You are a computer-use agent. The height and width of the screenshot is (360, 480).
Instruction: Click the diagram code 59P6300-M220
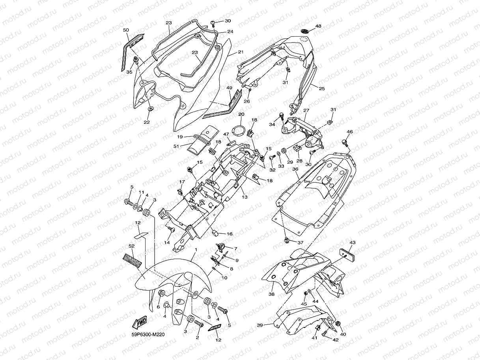148,334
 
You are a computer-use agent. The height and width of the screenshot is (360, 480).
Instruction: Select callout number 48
318,26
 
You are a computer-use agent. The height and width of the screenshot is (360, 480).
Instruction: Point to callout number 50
126,30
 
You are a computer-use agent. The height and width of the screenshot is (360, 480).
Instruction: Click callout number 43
353,242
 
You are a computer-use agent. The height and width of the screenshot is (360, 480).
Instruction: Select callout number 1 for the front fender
195,250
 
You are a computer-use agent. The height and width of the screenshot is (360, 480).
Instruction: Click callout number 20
241,114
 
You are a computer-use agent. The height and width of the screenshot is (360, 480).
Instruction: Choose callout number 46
349,132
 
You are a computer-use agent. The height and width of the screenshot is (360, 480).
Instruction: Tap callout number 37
301,242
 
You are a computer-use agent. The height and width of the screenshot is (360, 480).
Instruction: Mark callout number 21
241,52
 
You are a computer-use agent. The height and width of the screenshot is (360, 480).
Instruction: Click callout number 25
322,89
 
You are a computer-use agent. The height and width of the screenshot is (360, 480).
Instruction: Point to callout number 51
176,146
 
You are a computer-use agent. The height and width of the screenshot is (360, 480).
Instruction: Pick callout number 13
245,197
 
